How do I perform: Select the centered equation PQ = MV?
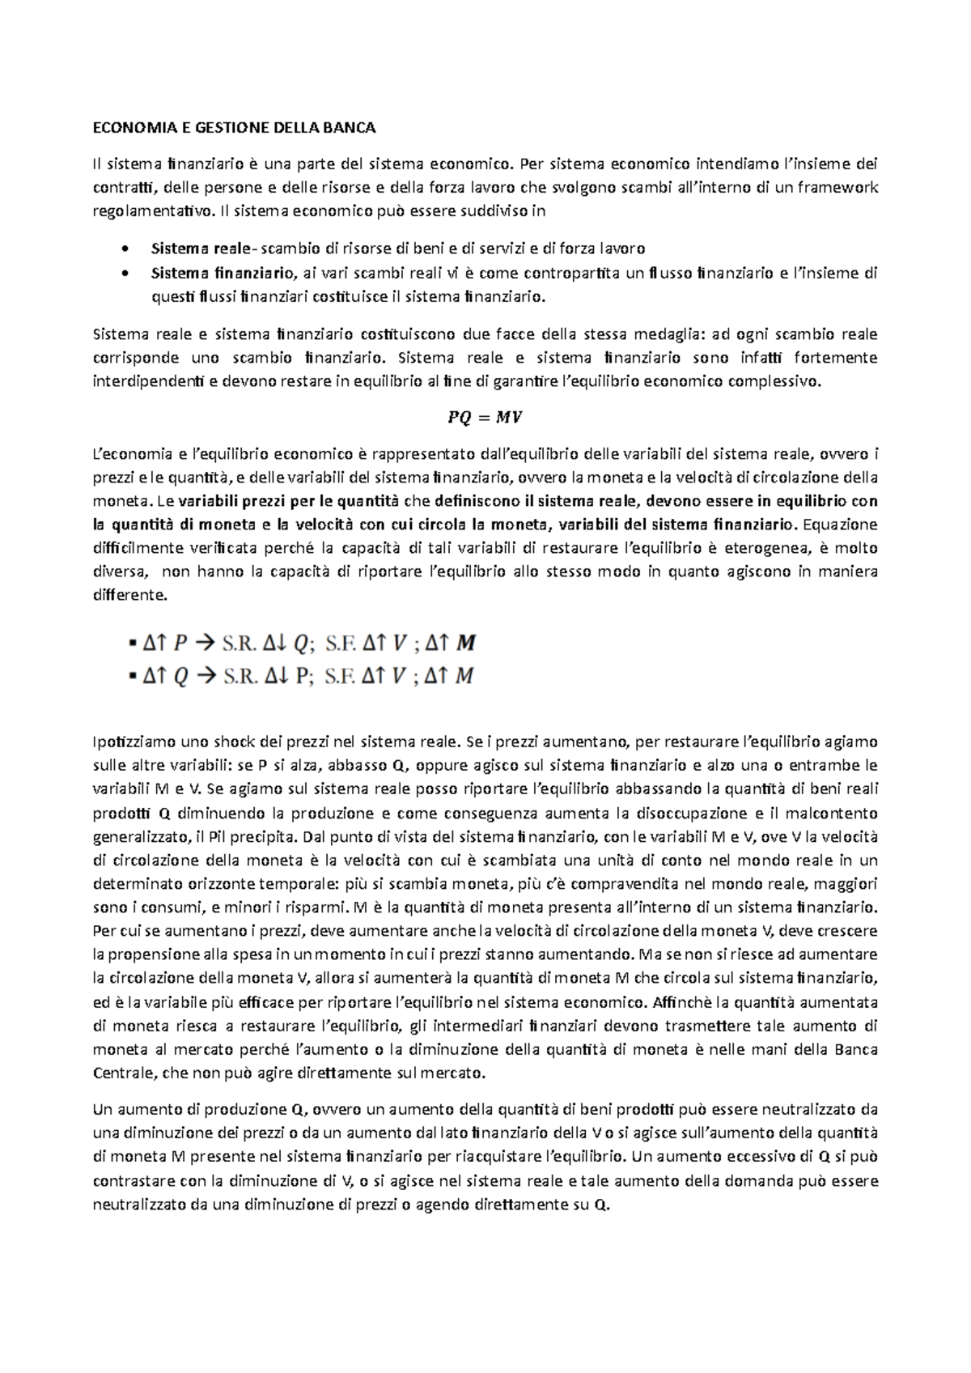pos(485,418)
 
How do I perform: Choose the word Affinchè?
pos(677,1002)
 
